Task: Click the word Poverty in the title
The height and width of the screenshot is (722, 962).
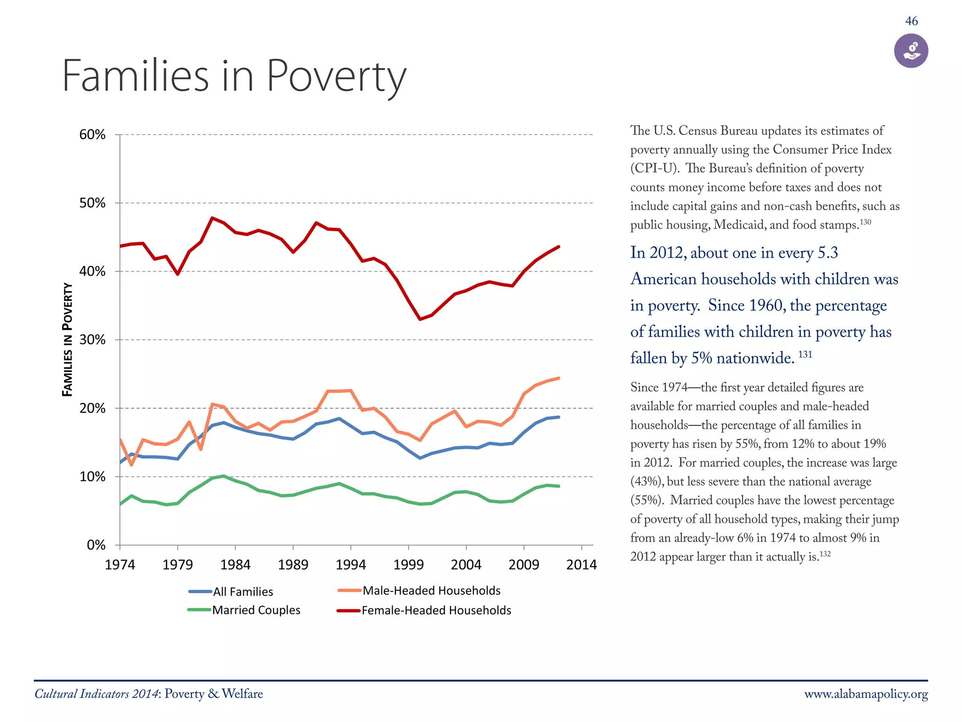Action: (x=336, y=76)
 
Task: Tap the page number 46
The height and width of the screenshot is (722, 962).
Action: (x=911, y=21)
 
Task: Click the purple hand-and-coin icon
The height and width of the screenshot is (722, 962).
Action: (x=911, y=51)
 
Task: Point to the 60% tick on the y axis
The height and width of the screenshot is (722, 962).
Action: (x=93, y=135)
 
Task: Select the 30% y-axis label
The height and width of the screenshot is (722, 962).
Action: (x=93, y=340)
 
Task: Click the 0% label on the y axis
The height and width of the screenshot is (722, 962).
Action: (x=96, y=545)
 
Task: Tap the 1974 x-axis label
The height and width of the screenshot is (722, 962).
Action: (x=120, y=565)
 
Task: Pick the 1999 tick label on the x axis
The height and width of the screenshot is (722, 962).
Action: (x=408, y=565)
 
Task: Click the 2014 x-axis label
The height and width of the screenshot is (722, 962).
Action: (x=581, y=565)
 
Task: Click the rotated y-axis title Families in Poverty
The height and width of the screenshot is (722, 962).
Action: (x=68, y=339)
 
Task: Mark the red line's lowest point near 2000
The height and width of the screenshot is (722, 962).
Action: (x=420, y=319)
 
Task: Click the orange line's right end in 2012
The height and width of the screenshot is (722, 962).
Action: (x=559, y=378)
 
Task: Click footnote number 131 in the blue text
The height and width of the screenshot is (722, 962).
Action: (x=805, y=354)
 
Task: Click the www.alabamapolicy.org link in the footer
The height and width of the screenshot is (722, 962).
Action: (x=866, y=694)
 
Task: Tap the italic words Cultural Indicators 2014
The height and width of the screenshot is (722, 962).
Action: (x=96, y=694)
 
